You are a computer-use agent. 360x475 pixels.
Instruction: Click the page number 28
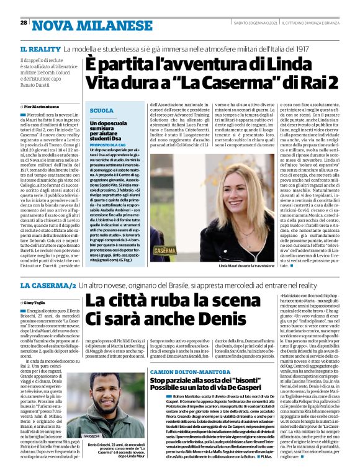24,22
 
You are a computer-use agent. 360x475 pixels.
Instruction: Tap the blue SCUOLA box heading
102,110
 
